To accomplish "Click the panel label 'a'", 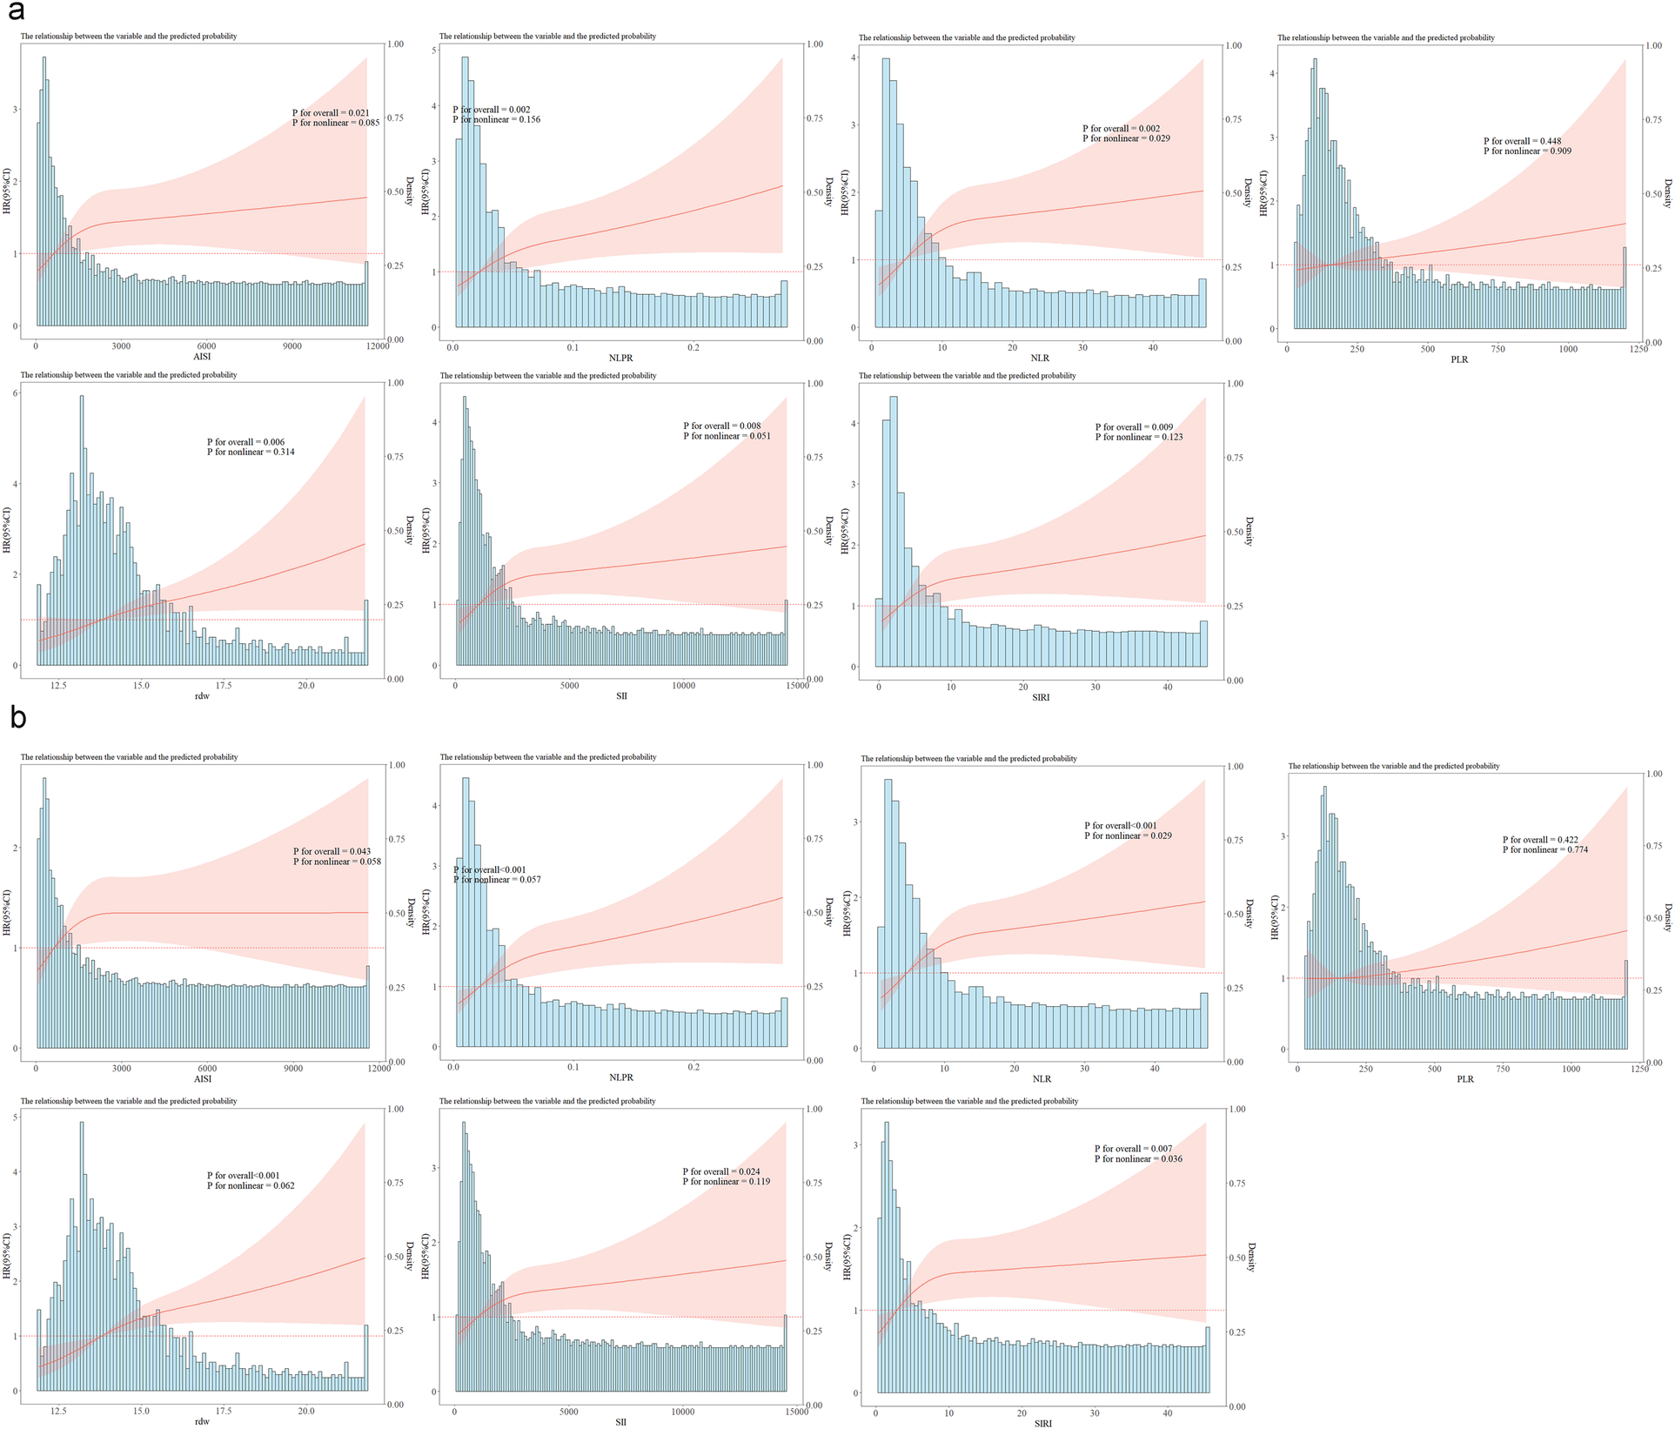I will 16,12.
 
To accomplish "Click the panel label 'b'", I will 17,718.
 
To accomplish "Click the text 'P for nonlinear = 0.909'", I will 1527,151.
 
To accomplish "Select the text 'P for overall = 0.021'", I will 331,113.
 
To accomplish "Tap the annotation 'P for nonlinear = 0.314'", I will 251,453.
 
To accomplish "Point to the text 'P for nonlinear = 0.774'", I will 1544,849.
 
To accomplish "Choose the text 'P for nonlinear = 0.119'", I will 727,1182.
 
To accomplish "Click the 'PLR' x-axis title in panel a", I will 1459,359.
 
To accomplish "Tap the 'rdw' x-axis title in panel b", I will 202,1421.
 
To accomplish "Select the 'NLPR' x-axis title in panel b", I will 621,1077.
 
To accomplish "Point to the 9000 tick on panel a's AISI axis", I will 292,346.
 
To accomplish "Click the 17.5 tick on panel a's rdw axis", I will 224,686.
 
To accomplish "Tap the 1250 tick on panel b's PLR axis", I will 1639,1070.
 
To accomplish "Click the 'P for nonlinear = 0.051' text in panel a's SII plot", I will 727,436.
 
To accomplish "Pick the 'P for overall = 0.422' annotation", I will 1540,840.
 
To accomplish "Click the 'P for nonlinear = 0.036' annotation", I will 1138,1159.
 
